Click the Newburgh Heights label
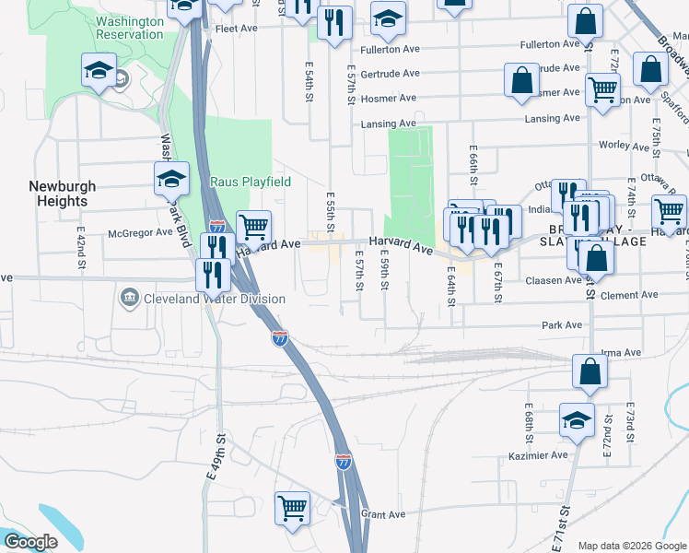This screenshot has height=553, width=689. pos(57,193)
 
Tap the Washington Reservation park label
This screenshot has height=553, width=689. pos(130,28)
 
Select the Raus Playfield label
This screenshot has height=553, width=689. pos(238,182)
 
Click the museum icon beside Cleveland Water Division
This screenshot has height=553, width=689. pos(129,298)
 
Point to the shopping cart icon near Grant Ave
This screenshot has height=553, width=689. pos(292,508)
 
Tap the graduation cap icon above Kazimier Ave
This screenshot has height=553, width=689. pos(577,419)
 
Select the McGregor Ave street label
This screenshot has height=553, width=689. pos(140,232)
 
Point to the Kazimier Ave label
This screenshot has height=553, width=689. pos(539,456)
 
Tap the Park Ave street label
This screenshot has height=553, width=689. pos(562,324)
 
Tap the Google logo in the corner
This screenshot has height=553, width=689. pos(31,542)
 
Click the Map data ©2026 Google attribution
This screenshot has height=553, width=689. pos(631,546)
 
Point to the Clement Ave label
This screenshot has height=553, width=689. pos(627,295)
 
